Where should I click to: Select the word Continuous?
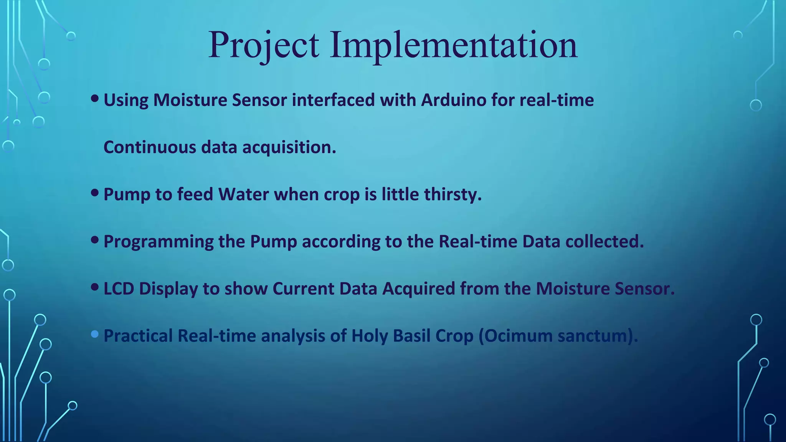coord(150,147)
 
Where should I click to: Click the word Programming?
coord(159,242)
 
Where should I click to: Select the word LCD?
coord(119,289)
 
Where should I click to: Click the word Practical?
coord(139,336)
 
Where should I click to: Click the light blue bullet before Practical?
coord(95,335)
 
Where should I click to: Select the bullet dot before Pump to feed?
coord(95,193)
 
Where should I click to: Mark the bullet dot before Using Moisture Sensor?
coord(95,99)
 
